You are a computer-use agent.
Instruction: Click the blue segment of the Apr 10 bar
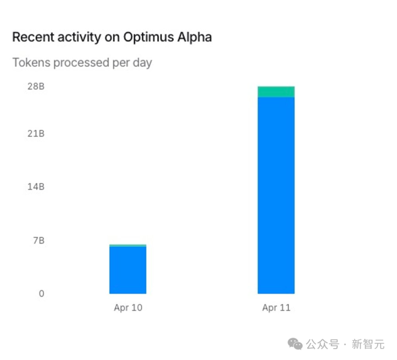point(128,270)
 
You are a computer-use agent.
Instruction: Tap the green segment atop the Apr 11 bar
point(276,92)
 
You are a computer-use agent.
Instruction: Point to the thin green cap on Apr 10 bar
point(128,245)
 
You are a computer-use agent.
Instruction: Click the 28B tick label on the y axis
point(36,86)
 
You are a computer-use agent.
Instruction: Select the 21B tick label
point(36,134)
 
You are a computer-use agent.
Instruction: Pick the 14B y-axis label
point(36,187)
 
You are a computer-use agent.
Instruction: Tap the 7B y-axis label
point(38,240)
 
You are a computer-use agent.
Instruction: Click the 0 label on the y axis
point(41,294)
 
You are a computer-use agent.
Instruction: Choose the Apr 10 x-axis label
point(128,308)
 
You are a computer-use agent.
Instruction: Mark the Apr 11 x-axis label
point(276,308)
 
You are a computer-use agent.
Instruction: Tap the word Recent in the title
point(31,37)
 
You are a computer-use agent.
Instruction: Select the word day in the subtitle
point(141,63)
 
